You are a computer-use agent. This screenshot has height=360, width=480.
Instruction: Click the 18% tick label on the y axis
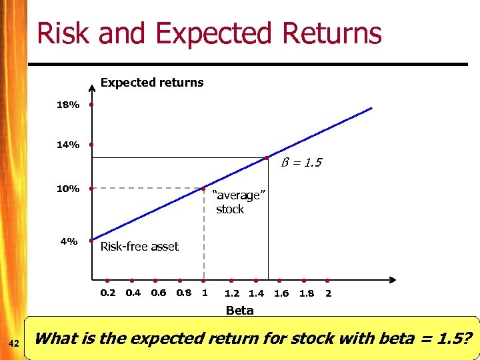coord(68,105)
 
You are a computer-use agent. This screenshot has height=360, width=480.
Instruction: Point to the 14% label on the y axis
coord(68,145)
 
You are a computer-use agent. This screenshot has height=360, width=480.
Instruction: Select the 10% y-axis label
coord(68,189)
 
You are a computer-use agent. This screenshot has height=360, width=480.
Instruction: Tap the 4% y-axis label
coord(69,241)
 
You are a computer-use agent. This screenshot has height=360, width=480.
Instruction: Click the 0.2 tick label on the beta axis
coord(107,293)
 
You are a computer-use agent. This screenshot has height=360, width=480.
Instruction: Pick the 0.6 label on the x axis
coord(159,293)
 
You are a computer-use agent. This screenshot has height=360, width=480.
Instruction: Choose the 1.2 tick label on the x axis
coord(232,293)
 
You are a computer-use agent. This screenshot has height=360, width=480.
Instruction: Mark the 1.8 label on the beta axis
coord(307,293)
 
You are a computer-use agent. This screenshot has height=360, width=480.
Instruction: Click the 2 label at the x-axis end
coord(328,293)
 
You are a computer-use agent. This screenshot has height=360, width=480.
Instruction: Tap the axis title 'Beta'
coord(239,310)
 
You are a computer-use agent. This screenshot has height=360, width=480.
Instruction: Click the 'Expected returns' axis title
coord(151,83)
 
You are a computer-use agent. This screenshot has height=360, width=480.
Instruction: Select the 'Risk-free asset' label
coord(139,247)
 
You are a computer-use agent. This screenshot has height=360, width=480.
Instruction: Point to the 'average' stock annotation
coord(238,202)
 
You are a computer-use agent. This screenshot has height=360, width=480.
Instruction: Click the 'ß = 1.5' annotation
coord(300,163)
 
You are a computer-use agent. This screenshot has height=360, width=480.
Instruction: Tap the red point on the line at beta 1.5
coord(266,158)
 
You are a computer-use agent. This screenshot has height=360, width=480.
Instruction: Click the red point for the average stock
coord(205,189)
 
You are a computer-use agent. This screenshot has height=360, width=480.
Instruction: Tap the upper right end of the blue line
coord(371,109)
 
